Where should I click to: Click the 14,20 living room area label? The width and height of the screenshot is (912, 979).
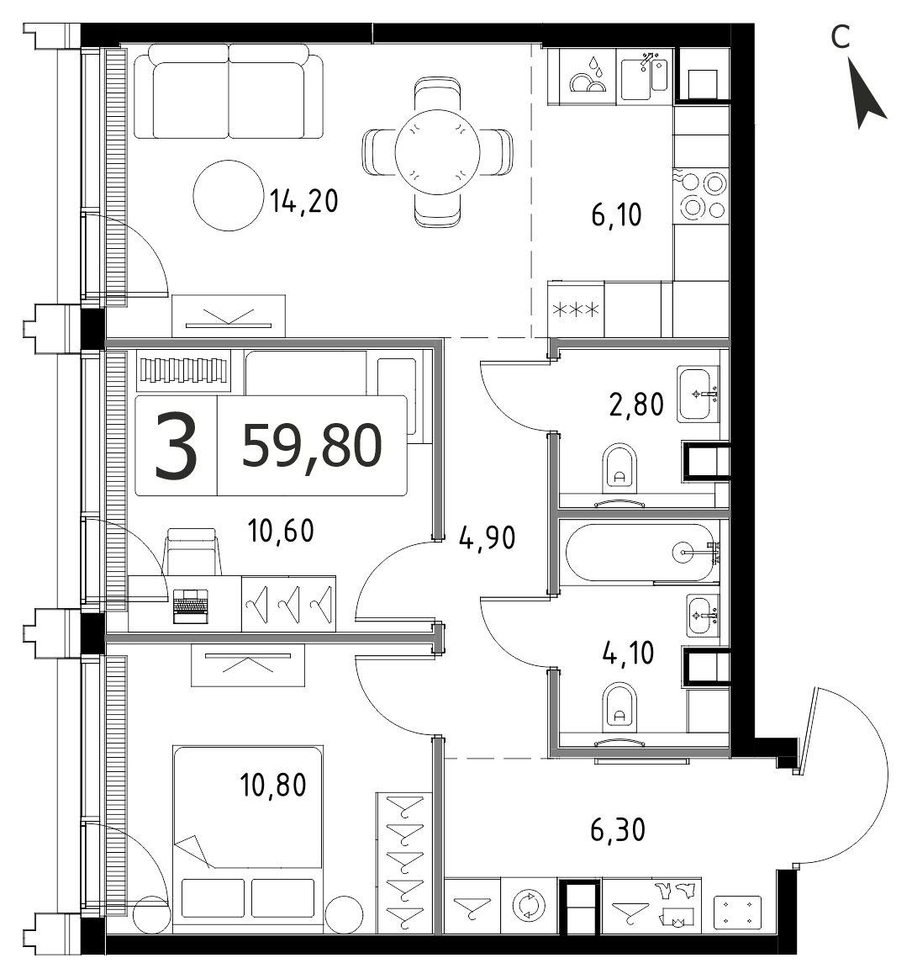(x=303, y=201)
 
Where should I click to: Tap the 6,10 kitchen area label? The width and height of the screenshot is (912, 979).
(x=616, y=214)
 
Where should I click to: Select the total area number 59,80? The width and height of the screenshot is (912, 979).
(x=312, y=445)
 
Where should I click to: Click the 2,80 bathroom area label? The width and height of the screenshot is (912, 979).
(x=636, y=405)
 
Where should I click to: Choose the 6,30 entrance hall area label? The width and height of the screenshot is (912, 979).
(x=618, y=830)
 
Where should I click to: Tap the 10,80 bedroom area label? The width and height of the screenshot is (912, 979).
(x=273, y=785)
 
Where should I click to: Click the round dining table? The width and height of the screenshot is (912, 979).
(x=438, y=151)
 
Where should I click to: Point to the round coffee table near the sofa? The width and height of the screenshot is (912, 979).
(x=229, y=195)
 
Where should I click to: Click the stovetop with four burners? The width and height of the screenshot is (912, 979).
(x=701, y=195)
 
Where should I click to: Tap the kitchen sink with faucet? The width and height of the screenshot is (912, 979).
(x=645, y=75)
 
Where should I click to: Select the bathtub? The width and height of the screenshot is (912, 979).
(x=640, y=552)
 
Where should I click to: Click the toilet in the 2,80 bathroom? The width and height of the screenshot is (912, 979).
(x=620, y=468)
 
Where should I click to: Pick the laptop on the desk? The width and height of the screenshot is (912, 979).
(x=190, y=605)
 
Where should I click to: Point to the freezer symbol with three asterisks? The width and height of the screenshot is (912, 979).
(x=576, y=310)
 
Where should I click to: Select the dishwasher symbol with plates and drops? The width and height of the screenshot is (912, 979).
(x=588, y=76)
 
